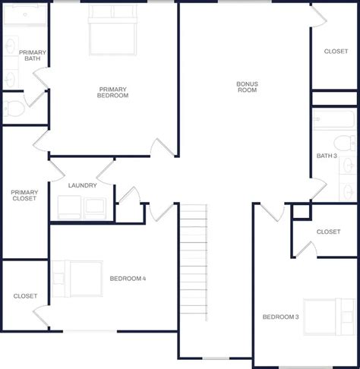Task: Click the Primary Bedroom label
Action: pos(112,93)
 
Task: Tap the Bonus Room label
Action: pos(246,87)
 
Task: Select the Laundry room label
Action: pos(81,185)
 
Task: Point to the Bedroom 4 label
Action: pos(128,279)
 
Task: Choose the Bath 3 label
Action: pos(327,156)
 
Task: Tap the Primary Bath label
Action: pos(33,55)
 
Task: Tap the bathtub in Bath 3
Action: pos(333,120)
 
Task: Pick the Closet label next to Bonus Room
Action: pos(336,52)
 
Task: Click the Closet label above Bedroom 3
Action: pos(327,232)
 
